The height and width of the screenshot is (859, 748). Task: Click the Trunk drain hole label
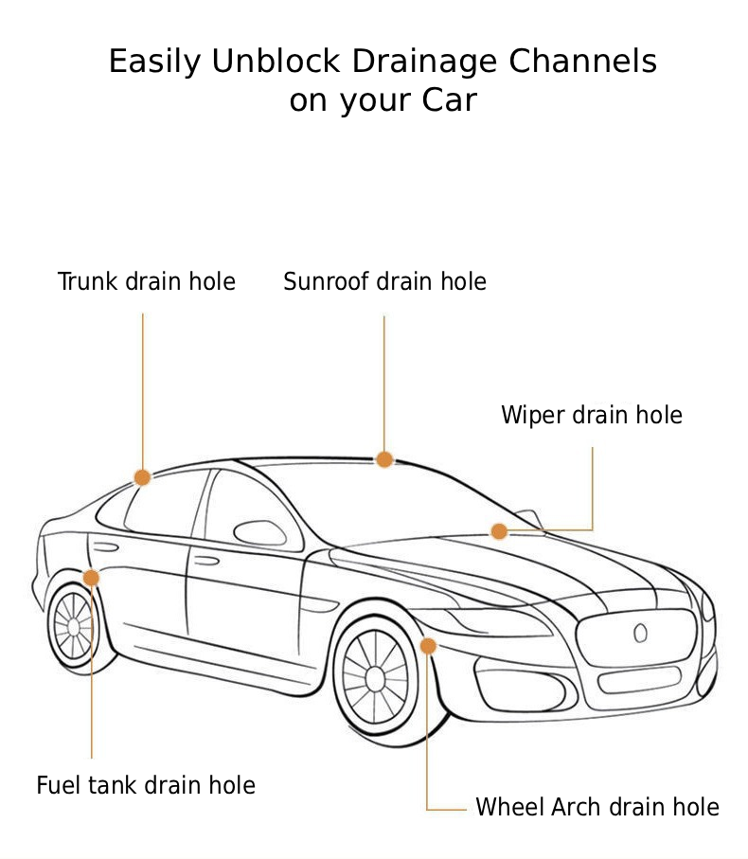pos(146,281)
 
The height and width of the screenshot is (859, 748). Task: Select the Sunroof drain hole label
pos(384,281)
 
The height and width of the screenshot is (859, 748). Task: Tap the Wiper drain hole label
pos(591,415)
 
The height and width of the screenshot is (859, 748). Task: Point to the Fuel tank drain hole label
pos(146,785)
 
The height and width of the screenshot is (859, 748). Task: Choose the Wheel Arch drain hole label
pos(597,807)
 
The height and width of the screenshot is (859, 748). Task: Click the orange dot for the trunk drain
pos(142,477)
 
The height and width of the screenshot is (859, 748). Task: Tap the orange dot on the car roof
pos(384,459)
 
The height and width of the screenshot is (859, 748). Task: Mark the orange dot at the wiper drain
pos(499,531)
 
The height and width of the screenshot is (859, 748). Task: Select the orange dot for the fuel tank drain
pos(91,578)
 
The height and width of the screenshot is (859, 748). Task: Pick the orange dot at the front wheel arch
pos(428,646)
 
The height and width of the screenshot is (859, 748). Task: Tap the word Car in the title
pos(449,99)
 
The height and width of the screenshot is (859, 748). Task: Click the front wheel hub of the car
pos(375,677)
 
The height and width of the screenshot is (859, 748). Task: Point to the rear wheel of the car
pos(73,626)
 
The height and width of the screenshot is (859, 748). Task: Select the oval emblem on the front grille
pos(640,632)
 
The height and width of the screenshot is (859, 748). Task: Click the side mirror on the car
pos(258,532)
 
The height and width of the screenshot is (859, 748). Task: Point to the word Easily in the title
pos(154,62)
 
